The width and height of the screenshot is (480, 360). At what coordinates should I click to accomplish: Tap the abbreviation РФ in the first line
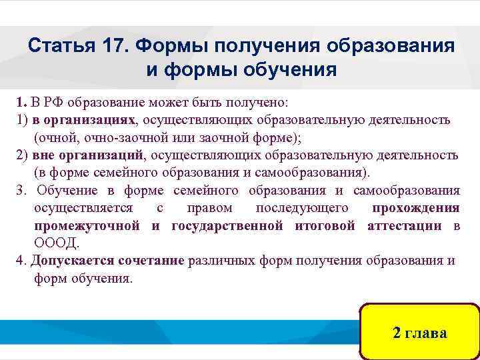tap(51, 104)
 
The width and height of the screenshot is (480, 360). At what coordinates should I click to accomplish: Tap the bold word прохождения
tap(415, 208)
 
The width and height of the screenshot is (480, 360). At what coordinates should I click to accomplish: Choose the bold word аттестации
tap(404, 225)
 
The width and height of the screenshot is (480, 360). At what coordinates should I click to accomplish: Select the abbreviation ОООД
tap(56, 243)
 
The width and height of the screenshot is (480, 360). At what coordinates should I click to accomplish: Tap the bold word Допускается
tap(73, 260)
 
